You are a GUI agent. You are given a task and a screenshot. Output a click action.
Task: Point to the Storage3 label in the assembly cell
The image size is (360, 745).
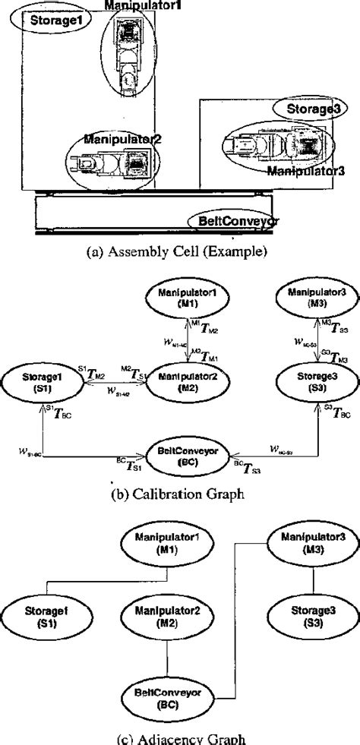point(311,109)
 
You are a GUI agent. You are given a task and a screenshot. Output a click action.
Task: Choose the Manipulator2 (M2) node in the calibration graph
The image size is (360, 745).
point(182,380)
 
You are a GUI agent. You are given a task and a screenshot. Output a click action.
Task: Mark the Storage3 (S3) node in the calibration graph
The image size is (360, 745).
point(311,380)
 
